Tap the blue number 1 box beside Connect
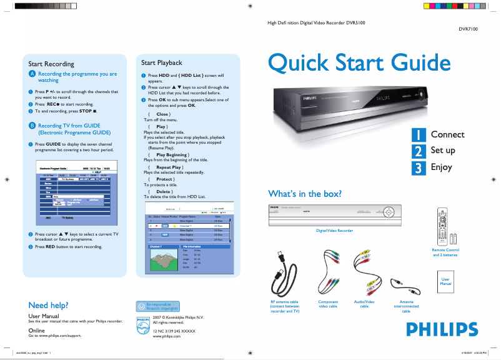click(419, 134)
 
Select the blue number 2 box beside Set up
click(419, 151)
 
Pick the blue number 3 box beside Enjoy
click(419, 167)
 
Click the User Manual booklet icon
click(445, 282)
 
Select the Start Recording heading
click(51, 64)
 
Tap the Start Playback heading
click(161, 62)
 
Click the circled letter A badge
click(32, 74)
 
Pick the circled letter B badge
click(32, 126)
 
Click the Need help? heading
click(48, 305)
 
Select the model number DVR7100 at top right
click(469, 29)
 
